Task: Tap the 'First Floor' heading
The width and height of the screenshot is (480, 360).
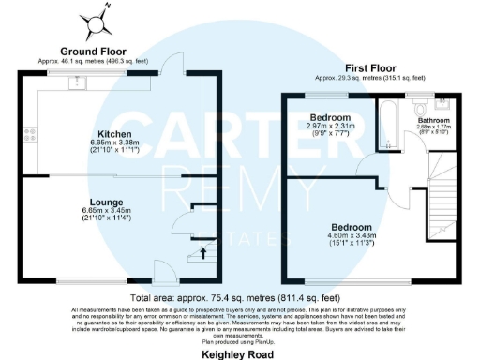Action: [370, 68]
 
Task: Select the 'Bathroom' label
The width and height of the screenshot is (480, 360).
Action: [434, 121]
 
